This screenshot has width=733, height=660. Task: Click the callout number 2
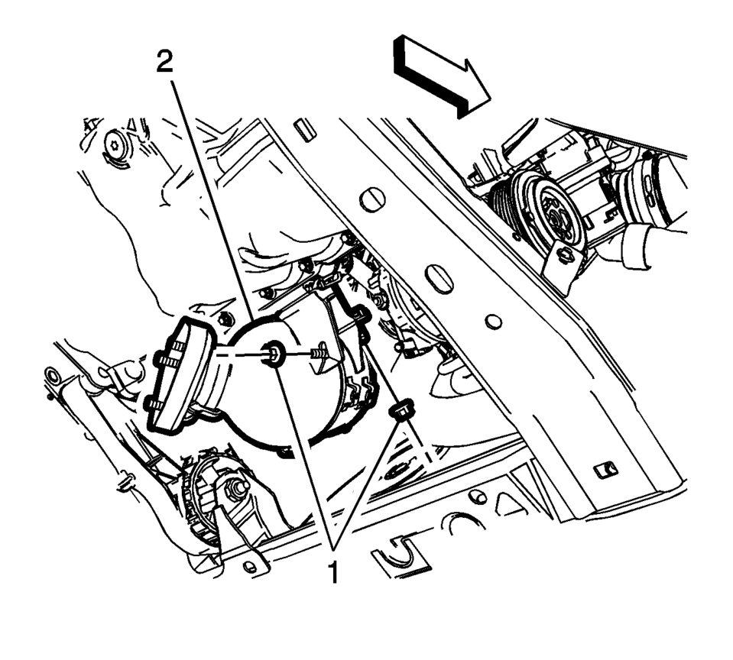click(x=164, y=62)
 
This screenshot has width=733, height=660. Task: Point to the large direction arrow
click(x=442, y=76)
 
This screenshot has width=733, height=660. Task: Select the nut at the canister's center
click(x=273, y=353)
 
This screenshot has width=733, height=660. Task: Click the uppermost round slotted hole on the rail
click(x=372, y=199)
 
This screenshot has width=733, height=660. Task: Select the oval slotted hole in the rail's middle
click(x=439, y=278)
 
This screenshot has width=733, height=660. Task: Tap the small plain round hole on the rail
click(x=493, y=322)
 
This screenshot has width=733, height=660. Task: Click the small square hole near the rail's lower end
click(x=605, y=470)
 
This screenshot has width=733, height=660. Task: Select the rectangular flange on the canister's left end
click(x=181, y=374)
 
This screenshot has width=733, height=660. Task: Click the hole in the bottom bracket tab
click(x=250, y=567)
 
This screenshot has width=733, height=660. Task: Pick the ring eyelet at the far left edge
click(x=50, y=376)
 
